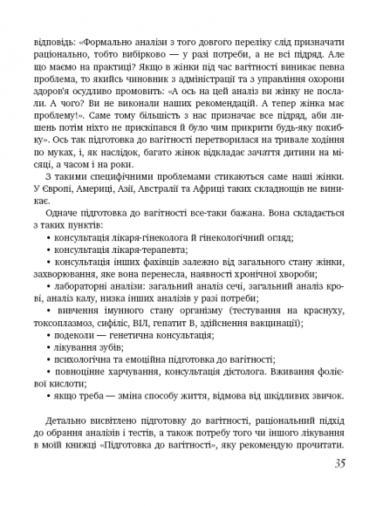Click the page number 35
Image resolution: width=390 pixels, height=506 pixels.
(339, 462)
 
